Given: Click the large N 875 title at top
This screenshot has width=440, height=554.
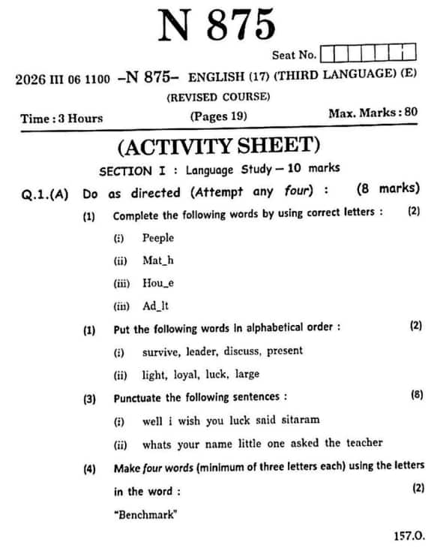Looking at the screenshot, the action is (217, 26).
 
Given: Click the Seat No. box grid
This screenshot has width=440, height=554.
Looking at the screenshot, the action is (367, 53).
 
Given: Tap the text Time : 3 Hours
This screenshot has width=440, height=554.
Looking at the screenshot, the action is (61, 118).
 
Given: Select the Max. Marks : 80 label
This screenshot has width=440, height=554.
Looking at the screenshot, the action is (373, 113).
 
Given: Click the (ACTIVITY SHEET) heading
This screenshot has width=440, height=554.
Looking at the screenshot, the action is (219, 145).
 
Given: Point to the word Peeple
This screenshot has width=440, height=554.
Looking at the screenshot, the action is (158, 238).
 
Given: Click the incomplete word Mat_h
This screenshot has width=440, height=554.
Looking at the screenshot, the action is (158, 260).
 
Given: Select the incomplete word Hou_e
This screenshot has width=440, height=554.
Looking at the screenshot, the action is (158, 283).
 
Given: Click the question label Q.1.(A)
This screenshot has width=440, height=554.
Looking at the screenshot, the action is (45, 193).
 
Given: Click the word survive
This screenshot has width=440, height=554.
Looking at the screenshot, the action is (160, 351).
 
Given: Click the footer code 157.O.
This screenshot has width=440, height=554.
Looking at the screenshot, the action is (409, 535).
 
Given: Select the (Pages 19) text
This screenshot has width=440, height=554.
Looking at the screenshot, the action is (218, 116).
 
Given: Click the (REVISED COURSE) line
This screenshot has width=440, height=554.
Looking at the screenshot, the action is (218, 97).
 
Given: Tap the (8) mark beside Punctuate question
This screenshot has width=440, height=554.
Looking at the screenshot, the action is (416, 394).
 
